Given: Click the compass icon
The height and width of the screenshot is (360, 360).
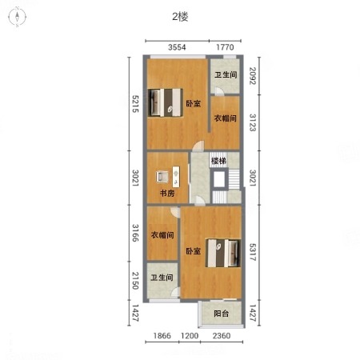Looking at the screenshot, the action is click(17, 18).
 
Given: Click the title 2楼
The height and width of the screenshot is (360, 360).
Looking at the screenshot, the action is click(180, 17).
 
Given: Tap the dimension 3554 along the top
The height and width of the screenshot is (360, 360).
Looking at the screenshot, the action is click(177, 47).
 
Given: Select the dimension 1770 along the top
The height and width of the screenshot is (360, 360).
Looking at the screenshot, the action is click(225, 47).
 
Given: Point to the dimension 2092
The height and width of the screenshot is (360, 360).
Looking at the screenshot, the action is click(253, 76).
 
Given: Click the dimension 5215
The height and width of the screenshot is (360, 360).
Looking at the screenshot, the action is click(136, 104).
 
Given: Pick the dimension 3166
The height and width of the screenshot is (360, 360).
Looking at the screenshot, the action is click(136, 233).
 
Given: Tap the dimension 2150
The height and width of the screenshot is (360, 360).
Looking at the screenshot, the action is click(136, 281).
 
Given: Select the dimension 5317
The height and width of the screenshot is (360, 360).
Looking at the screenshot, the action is click(253, 252).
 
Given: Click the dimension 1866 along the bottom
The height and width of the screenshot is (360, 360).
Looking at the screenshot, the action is click(162, 335).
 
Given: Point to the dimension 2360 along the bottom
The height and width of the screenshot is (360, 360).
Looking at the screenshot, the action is click(222, 335).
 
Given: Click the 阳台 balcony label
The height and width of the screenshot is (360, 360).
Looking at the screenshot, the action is click(222, 314).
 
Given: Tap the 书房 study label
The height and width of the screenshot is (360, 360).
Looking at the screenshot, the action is click(167, 193).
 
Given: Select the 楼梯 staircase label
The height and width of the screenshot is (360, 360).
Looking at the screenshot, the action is click(218, 161).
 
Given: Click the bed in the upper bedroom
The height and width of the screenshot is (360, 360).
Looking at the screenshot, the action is click(166, 102).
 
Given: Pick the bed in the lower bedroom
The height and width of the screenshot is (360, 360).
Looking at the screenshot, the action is click(223, 253).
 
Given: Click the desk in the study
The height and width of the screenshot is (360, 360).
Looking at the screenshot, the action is click(176, 177).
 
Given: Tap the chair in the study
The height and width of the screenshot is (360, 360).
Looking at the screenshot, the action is click(162, 177).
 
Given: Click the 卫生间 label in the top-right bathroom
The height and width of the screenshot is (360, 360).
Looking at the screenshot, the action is click(226, 74).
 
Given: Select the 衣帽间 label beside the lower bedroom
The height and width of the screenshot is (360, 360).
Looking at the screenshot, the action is click(162, 235).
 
